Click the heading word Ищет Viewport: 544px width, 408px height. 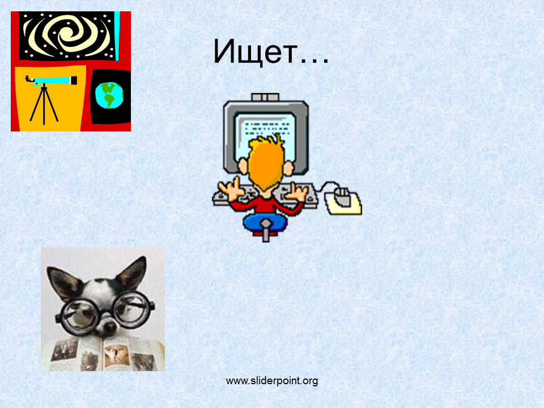click(x=256, y=52)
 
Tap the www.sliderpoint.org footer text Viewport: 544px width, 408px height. click(x=272, y=381)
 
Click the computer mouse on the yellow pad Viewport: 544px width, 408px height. click(x=343, y=198)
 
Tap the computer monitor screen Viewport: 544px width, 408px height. click(x=265, y=137)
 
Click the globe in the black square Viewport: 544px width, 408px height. click(x=109, y=95)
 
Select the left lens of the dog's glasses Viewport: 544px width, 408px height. click(x=79, y=316)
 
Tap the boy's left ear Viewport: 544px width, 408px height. click(x=243, y=166)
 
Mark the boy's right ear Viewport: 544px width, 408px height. click(x=288, y=169)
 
